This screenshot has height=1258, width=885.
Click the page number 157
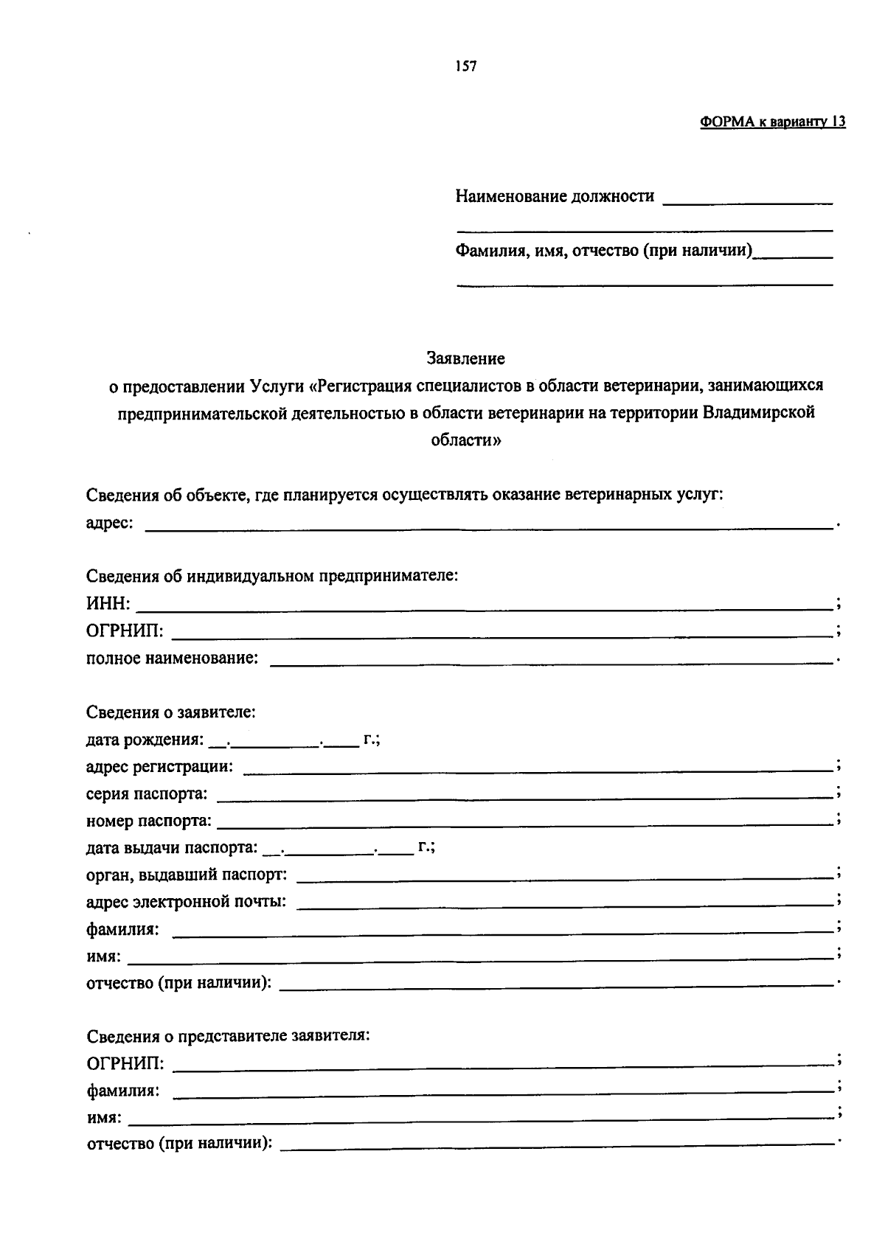(x=466, y=67)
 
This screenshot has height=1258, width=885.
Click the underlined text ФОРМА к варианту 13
(x=772, y=122)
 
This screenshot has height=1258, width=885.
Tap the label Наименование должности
(x=555, y=197)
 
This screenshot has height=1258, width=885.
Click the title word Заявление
(x=466, y=359)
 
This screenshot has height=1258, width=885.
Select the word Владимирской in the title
(x=758, y=413)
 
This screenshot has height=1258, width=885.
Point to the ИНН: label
(x=108, y=605)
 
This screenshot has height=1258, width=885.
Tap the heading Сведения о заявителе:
(x=171, y=713)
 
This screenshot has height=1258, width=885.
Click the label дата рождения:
(x=145, y=740)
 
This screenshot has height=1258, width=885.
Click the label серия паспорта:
(x=147, y=795)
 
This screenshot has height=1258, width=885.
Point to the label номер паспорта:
(x=149, y=821)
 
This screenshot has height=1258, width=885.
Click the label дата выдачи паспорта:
(x=172, y=849)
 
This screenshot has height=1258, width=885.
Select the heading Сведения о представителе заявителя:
(x=228, y=1037)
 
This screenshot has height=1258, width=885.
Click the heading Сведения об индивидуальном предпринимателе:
(x=272, y=576)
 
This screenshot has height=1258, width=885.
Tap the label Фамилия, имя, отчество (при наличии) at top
(x=604, y=251)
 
